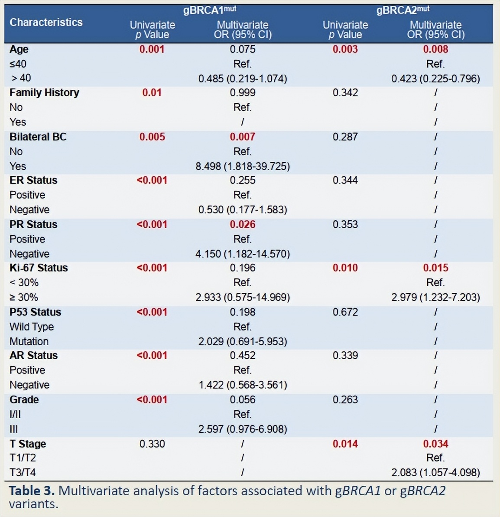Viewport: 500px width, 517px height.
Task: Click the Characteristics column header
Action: click(x=46, y=22)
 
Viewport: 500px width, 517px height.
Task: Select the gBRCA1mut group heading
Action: click(x=210, y=10)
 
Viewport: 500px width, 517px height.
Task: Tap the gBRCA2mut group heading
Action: click(x=403, y=10)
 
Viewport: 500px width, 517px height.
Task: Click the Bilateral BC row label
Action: click(x=38, y=137)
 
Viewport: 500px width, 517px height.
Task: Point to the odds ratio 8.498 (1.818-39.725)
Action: click(x=243, y=166)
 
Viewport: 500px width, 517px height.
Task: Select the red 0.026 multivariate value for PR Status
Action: click(x=243, y=224)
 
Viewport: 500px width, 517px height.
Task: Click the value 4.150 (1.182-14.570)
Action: click(x=243, y=254)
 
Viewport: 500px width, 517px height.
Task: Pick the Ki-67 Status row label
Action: click(x=39, y=268)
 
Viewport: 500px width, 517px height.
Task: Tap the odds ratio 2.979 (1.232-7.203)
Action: click(x=435, y=297)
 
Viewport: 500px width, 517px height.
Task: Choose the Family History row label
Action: click(x=44, y=92)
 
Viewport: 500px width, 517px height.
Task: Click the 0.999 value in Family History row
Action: click(x=243, y=92)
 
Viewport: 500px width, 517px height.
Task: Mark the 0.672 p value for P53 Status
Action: click(x=345, y=312)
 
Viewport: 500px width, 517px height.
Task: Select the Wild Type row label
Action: click(x=32, y=327)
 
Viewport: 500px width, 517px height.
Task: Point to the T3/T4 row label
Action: click(x=23, y=472)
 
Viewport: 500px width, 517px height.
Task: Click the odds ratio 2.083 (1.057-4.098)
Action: click(x=435, y=472)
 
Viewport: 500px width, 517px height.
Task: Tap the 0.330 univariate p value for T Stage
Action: click(x=152, y=444)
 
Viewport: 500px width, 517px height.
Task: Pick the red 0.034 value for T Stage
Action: click(x=435, y=444)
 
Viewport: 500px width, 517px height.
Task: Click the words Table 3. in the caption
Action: click(x=32, y=491)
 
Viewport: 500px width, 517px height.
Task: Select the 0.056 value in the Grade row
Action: click(x=243, y=399)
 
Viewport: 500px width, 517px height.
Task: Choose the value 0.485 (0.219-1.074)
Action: click(x=243, y=79)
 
